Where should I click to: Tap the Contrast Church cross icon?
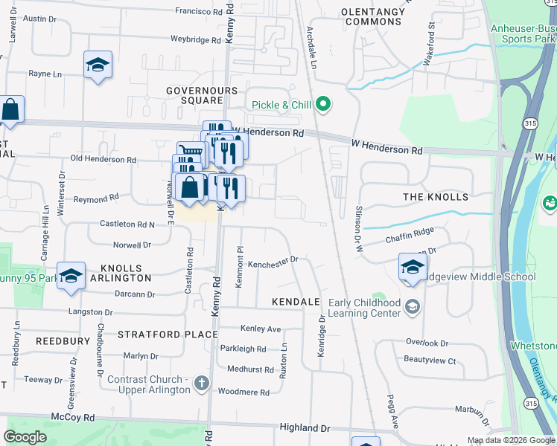click(x=200, y=384)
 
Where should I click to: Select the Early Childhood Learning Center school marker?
click(x=413, y=306)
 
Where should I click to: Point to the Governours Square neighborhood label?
click(x=194, y=95)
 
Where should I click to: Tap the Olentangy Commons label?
click(x=372, y=16)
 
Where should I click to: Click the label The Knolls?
click(x=436, y=197)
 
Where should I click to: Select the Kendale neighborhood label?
click(x=296, y=302)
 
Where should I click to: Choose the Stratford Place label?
click(x=168, y=334)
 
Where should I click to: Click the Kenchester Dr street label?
click(x=273, y=260)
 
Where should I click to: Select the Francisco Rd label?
click(x=200, y=11)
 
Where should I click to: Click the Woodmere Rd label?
click(x=244, y=391)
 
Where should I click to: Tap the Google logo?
click(x=25, y=437)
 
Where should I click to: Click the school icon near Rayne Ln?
click(x=98, y=66)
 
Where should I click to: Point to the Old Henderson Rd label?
click(x=103, y=159)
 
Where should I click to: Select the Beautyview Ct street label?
click(x=430, y=361)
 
